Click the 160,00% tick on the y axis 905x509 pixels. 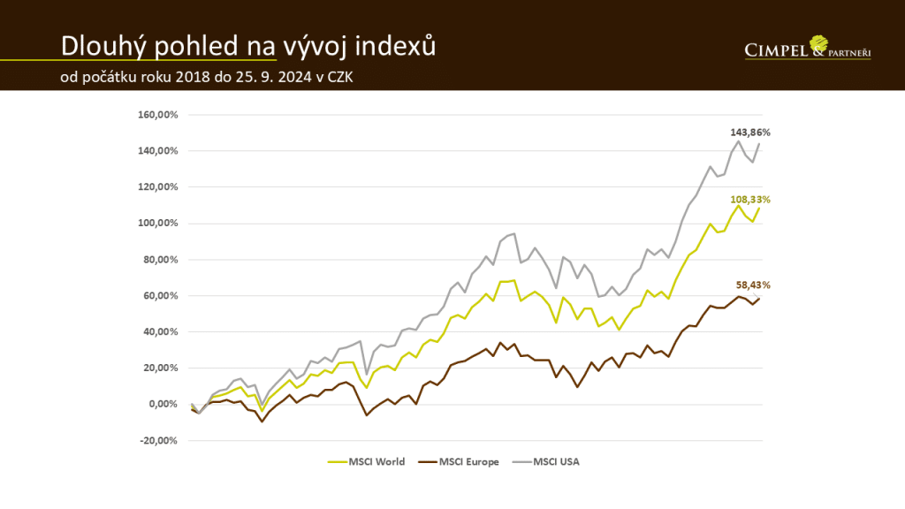160,115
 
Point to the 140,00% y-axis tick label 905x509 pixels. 160,151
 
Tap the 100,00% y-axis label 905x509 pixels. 160,223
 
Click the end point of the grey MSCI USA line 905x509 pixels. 759,144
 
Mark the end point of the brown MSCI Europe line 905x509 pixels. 759,299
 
